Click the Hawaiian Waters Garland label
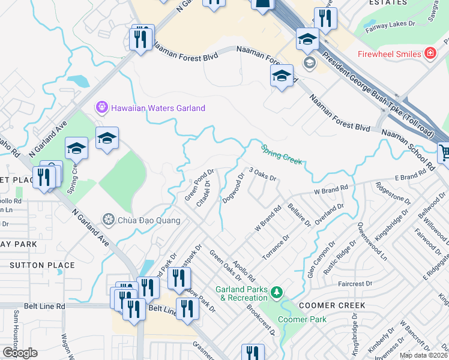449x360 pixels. tap(158, 108)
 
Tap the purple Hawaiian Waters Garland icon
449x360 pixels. tap(101, 108)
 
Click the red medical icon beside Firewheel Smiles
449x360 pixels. tap(430, 54)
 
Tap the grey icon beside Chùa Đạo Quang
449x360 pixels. tap(108, 220)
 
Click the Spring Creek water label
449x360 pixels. tap(281, 154)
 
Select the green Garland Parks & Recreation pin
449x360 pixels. tap(276, 293)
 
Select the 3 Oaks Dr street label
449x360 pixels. tap(262, 175)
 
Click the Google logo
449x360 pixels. tap(19, 352)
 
